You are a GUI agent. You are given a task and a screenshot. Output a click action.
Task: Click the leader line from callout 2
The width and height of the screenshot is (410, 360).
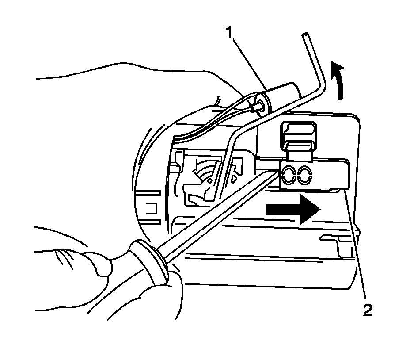tap(356, 248)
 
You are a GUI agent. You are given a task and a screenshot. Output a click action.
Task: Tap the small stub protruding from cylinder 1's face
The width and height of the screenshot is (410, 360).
tap(255, 106)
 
